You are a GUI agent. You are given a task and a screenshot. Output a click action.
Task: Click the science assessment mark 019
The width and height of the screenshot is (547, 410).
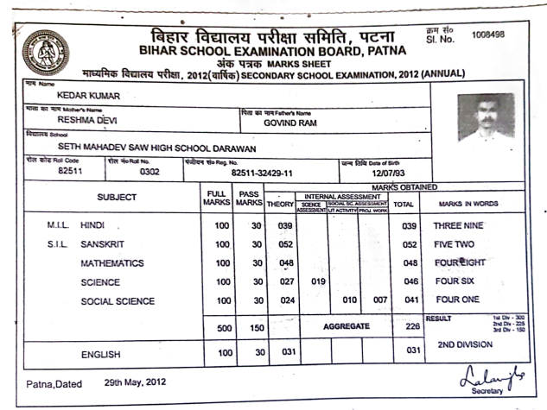click(316, 281)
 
